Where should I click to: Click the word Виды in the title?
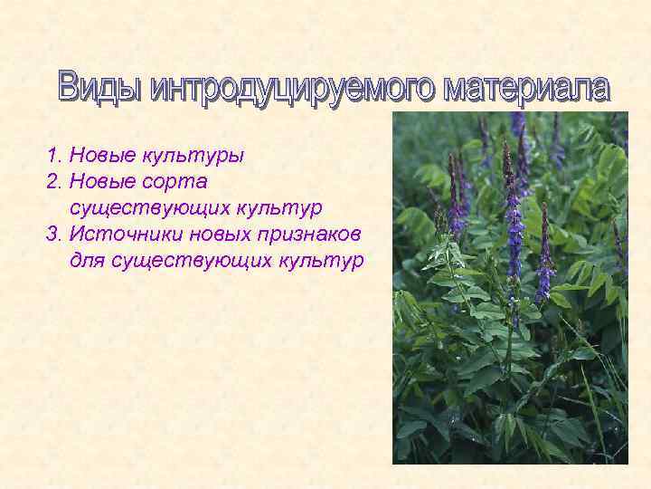click(99, 88)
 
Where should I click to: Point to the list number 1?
click(51, 157)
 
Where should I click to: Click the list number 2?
click(52, 182)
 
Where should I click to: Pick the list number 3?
click(52, 235)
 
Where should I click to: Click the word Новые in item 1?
click(101, 157)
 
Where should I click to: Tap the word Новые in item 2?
click(101, 182)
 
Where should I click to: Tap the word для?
click(87, 261)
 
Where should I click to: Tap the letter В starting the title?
click(69, 87)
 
